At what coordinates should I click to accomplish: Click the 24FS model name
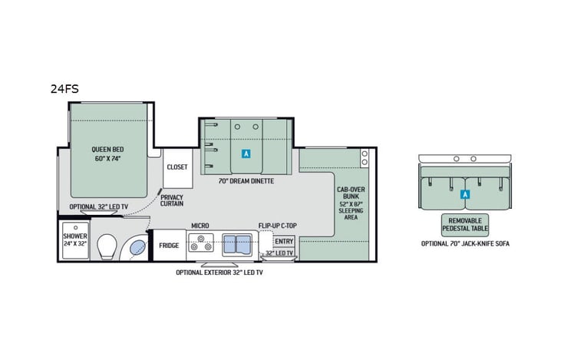64,88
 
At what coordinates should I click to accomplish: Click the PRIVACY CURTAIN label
172,200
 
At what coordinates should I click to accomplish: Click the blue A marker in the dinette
246,154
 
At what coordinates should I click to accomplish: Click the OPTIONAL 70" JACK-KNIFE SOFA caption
464,243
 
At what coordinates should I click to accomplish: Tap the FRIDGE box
169,246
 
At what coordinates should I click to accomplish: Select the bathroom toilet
107,246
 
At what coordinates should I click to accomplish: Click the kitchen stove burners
201,245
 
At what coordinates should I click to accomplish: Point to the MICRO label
201,226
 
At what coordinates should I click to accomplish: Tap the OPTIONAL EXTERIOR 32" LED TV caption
219,272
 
